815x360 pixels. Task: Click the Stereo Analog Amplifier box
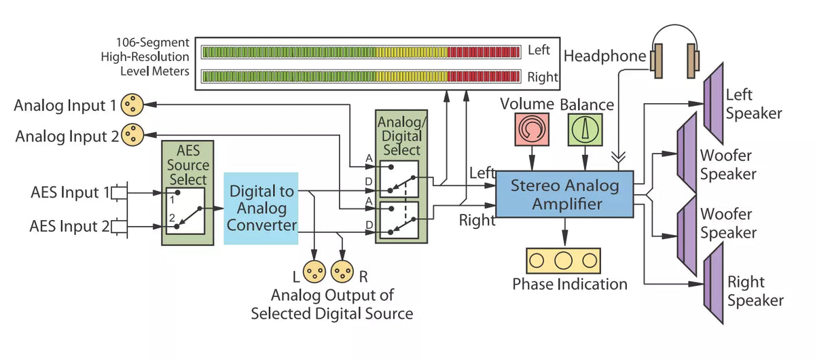[x=564, y=194]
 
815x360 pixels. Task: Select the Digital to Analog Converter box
[x=261, y=209]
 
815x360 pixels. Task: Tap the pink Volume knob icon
[x=532, y=129]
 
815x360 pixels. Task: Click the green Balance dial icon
[x=585, y=130]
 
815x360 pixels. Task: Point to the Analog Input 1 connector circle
[x=132, y=105]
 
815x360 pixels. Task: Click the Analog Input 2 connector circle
[x=132, y=134]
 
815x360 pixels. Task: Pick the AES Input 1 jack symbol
[x=120, y=192]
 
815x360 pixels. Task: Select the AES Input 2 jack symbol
[x=120, y=226]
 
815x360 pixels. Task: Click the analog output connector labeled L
[x=314, y=272]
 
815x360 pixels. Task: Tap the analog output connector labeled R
[x=342, y=272]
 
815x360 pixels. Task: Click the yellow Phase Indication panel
[x=563, y=261]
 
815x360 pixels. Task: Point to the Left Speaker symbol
[x=714, y=104]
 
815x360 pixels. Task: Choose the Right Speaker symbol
[x=714, y=283]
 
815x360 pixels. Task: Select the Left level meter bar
[x=361, y=52]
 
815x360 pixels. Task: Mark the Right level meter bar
[x=361, y=77]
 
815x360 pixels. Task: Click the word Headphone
[x=604, y=56]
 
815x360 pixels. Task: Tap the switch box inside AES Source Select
[x=185, y=211]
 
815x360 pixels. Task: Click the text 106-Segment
[x=153, y=43]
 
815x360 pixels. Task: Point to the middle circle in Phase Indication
[x=563, y=261]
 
